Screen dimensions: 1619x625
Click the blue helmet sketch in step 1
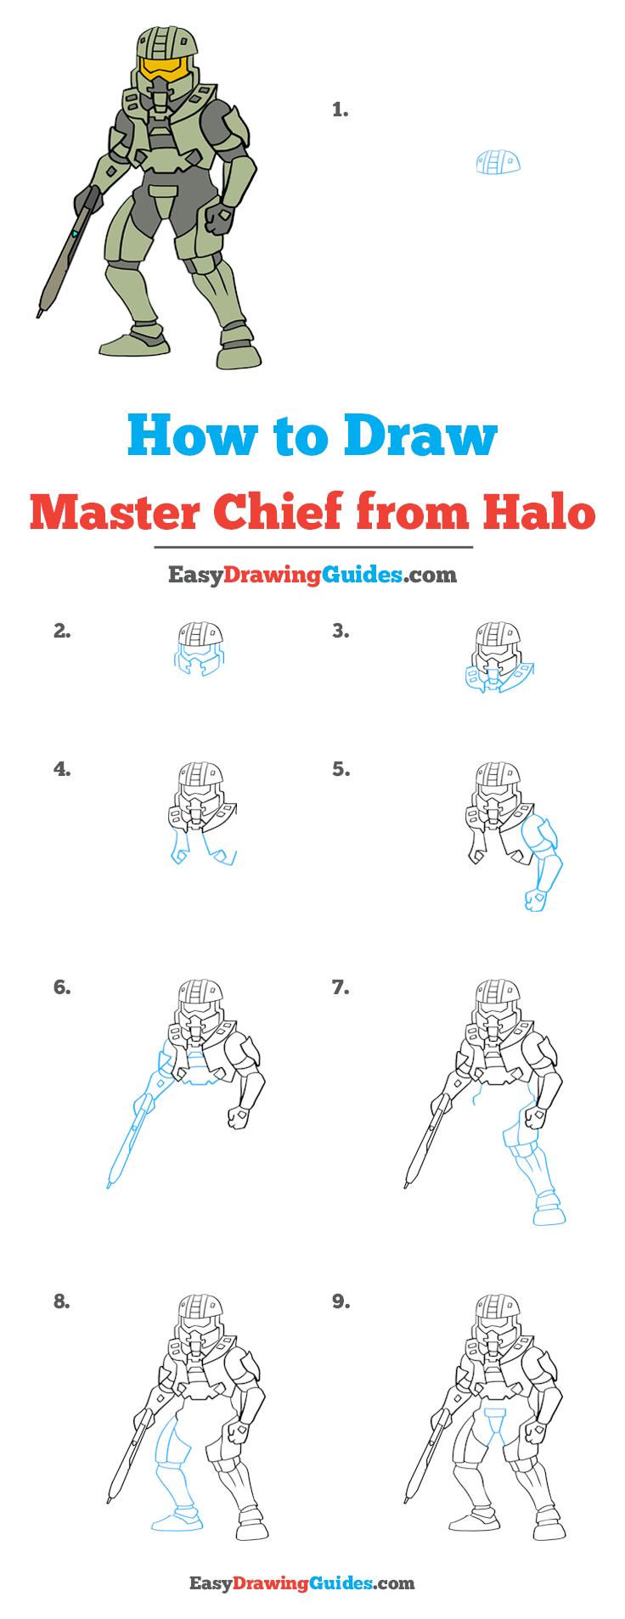tap(498, 161)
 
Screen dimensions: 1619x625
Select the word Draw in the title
tap(420, 436)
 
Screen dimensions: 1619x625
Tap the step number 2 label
tap(61, 631)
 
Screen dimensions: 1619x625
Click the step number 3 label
tap(341, 631)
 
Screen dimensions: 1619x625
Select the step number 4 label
tap(61, 769)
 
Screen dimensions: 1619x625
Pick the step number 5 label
tap(341, 769)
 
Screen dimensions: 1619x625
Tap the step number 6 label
tap(61, 987)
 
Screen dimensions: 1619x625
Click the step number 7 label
tap(341, 987)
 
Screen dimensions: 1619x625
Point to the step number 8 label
tap(61, 1301)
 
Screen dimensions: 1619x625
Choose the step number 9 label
tap(341, 1301)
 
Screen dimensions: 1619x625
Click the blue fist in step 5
tap(534, 898)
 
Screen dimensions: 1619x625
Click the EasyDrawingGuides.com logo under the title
tap(312, 575)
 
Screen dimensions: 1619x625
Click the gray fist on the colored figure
tap(219, 219)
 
